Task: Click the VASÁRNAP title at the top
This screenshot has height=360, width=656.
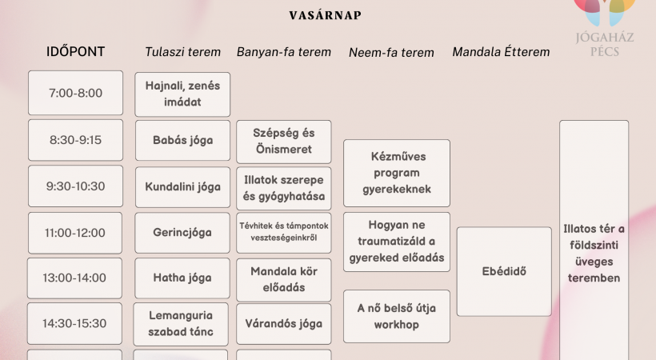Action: click(x=325, y=15)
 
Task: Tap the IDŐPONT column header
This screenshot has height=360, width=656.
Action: click(x=75, y=51)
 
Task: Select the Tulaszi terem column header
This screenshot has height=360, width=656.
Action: click(x=182, y=52)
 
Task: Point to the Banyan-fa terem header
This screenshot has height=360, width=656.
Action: click(x=284, y=52)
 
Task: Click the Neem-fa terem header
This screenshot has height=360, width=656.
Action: click(x=391, y=52)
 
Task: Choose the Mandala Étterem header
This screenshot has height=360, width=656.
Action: click(x=501, y=52)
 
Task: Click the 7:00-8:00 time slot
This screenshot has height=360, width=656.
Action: click(x=76, y=93)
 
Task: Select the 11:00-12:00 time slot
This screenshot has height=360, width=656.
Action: click(x=75, y=233)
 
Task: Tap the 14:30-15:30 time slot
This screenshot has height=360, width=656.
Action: click(x=74, y=323)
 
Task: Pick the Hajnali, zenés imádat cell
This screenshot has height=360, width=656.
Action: click(x=182, y=94)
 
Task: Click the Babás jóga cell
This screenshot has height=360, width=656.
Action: click(x=182, y=140)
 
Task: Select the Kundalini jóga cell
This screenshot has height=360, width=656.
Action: click(x=182, y=186)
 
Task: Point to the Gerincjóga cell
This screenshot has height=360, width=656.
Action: click(x=182, y=233)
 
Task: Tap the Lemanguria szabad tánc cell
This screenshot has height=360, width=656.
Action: click(x=181, y=324)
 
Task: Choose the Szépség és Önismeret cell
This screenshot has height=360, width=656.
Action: click(x=284, y=142)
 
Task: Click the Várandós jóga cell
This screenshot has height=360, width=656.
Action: click(x=284, y=323)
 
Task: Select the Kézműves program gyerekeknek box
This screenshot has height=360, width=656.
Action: click(x=397, y=173)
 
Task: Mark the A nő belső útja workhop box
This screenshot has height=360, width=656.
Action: click(x=397, y=317)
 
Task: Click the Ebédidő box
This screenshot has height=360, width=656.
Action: click(x=504, y=271)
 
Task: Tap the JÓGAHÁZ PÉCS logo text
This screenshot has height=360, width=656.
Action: click(x=605, y=44)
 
